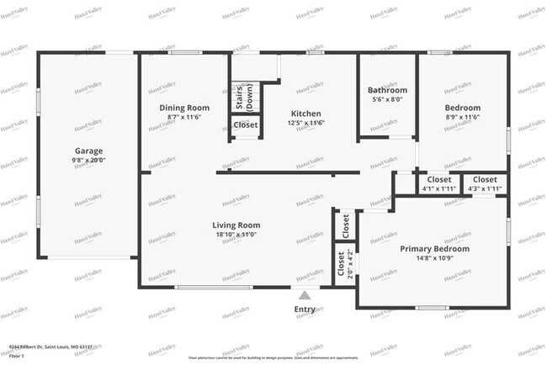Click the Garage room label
(x=88, y=151)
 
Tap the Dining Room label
(x=184, y=108)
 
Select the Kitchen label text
(x=306, y=114)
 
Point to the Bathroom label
(x=387, y=90)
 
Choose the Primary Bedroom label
(x=434, y=249)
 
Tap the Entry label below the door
(x=305, y=309)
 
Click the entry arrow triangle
(x=305, y=294)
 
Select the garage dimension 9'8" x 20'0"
(x=88, y=160)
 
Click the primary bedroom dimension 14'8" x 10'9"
(x=434, y=259)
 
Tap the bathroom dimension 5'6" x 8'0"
(x=387, y=99)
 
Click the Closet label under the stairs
(x=246, y=125)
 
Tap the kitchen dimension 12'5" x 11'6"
(x=306, y=123)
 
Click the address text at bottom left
(x=50, y=346)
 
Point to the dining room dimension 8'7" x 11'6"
(x=184, y=117)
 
